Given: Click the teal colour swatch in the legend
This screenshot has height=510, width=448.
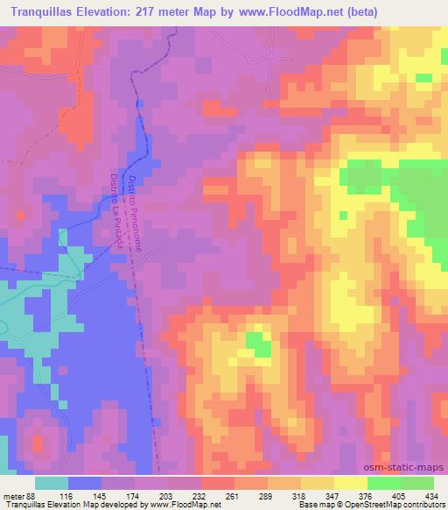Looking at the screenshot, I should coord(52,482).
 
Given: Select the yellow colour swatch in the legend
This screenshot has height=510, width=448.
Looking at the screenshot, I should coord(317,482).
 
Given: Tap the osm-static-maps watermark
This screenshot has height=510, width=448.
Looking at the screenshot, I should coord(405,465).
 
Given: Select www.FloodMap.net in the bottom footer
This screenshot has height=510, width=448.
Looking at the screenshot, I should coord(185,504).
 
